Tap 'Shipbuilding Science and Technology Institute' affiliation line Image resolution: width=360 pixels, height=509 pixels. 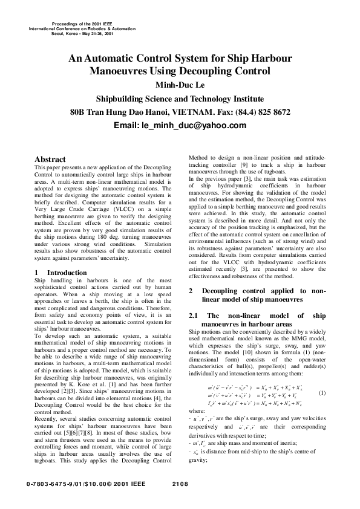[x=180, y=99]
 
